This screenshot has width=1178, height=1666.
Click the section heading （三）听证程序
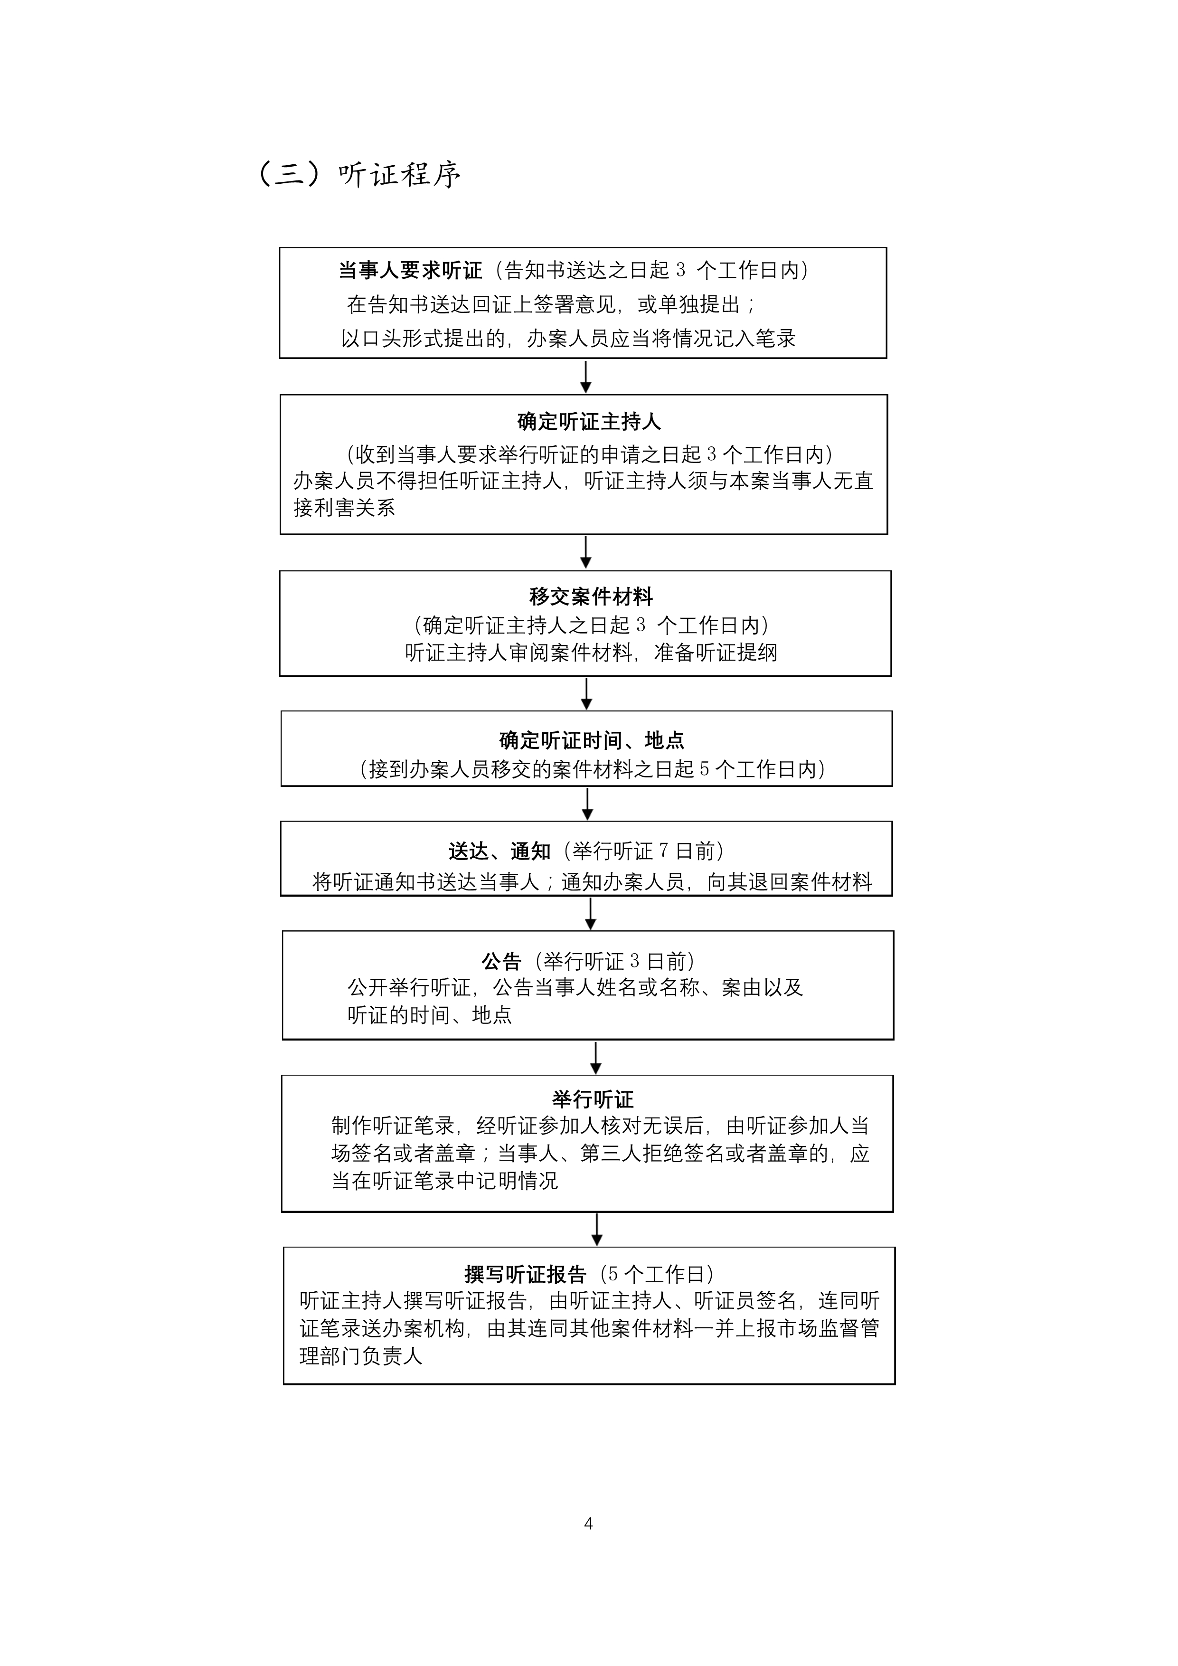tap(360, 174)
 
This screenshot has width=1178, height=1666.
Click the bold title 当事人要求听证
tap(411, 271)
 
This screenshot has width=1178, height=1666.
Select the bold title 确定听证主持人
tap(589, 422)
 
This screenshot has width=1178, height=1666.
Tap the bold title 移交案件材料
tap(591, 596)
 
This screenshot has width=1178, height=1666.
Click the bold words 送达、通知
tap(500, 851)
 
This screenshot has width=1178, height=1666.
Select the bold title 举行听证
tap(593, 1100)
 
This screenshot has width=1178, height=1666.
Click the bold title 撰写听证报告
tap(525, 1275)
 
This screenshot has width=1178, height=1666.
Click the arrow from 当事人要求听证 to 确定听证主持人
tap(586, 377)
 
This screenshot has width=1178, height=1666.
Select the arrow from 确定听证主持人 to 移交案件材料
tap(586, 553)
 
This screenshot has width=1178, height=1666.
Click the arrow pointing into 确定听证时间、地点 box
tap(587, 694)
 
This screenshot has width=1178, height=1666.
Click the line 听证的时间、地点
tap(429, 1015)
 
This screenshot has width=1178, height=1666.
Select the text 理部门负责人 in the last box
tap(361, 1356)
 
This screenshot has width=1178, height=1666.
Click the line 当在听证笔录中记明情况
tap(444, 1181)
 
